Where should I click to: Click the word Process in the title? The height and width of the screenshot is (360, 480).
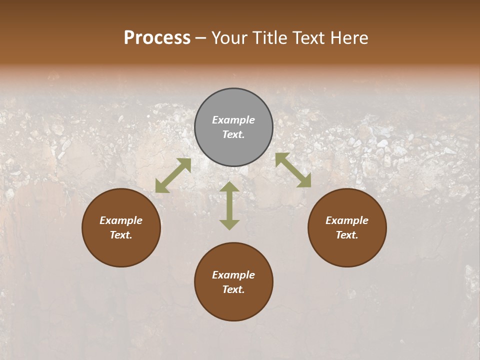[x=157, y=38]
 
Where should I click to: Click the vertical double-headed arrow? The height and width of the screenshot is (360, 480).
[x=229, y=205]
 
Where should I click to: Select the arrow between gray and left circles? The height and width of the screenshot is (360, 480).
[x=173, y=175]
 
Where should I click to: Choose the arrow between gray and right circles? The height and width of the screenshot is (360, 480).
[x=293, y=170]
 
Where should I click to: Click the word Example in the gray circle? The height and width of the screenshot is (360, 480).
[x=233, y=120]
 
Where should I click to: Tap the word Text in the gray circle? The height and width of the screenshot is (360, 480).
[x=233, y=134]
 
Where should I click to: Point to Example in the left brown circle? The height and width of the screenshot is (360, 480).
[x=121, y=220]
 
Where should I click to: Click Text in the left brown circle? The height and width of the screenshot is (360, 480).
[x=121, y=235]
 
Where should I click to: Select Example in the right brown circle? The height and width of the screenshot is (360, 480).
[x=347, y=220]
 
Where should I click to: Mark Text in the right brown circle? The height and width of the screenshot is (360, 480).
[x=347, y=235]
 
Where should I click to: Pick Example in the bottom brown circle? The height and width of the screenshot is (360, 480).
[x=233, y=275]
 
